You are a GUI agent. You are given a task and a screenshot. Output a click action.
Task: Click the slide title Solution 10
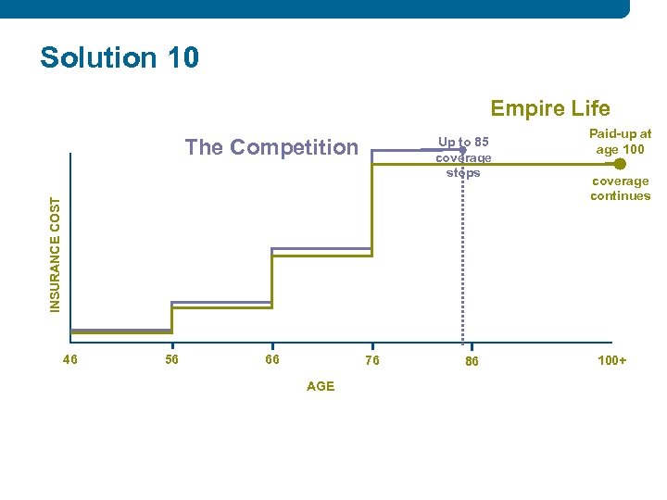(120, 57)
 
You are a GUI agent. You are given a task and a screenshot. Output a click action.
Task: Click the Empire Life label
(549, 108)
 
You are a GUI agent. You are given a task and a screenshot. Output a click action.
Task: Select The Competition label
(271, 147)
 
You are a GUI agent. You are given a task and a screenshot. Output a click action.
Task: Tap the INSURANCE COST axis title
(57, 251)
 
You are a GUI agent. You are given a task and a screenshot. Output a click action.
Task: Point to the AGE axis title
(320, 386)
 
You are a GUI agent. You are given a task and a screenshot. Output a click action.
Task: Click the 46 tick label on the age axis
(70, 359)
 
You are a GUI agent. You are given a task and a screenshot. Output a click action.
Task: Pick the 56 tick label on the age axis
(171, 359)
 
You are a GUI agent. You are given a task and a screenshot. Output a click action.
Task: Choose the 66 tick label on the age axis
(271, 359)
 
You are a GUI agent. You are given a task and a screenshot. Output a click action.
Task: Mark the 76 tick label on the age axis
(371, 361)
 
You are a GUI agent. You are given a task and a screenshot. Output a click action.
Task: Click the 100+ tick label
(611, 360)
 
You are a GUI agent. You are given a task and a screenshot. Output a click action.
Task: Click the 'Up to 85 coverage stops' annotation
(463, 156)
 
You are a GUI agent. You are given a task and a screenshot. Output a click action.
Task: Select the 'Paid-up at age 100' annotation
(620, 142)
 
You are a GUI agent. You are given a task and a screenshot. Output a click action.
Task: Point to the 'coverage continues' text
(620, 188)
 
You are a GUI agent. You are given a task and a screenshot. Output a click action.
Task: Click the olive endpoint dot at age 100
(620, 163)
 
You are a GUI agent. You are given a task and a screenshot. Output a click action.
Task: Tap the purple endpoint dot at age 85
(462, 149)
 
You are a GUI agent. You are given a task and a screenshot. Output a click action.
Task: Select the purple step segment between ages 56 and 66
(221, 302)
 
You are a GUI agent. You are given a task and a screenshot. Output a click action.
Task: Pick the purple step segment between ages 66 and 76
(321, 248)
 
